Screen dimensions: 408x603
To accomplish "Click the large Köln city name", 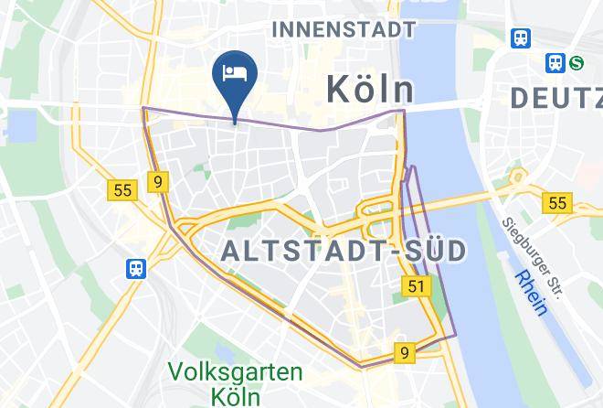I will [370, 90].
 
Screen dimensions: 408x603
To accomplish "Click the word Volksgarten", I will [237, 373].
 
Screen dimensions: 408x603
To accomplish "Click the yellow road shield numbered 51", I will [417, 287].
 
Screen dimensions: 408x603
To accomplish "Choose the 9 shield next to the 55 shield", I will [158, 182].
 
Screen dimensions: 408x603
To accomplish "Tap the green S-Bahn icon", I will [577, 62].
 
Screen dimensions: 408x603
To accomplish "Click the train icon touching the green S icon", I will [555, 62].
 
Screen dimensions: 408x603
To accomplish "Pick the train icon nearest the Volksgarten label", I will [136, 268].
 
